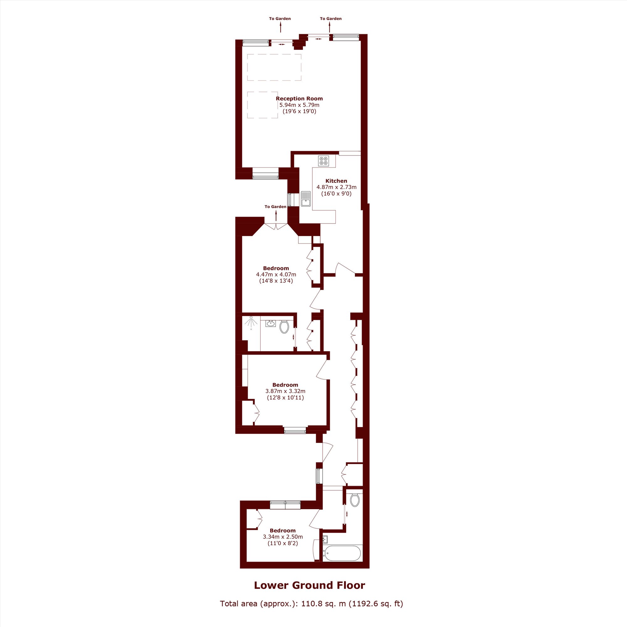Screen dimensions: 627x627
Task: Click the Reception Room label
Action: point(299,98)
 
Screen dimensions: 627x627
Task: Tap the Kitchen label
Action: point(336,181)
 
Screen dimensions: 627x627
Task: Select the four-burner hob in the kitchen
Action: point(324,161)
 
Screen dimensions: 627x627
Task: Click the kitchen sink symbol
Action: point(306,199)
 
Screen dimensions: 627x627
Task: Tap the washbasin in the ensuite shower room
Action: point(270,324)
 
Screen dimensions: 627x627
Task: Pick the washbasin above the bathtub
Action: point(325,539)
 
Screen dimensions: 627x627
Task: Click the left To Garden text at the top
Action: point(280,18)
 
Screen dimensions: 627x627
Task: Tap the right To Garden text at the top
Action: point(331,18)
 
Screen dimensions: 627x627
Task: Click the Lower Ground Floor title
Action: point(309,585)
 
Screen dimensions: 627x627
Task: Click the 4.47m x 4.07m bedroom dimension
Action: point(276,274)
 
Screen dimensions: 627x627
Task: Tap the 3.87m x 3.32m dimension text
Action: point(285,391)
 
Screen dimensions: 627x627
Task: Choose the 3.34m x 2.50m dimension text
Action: point(283,537)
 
